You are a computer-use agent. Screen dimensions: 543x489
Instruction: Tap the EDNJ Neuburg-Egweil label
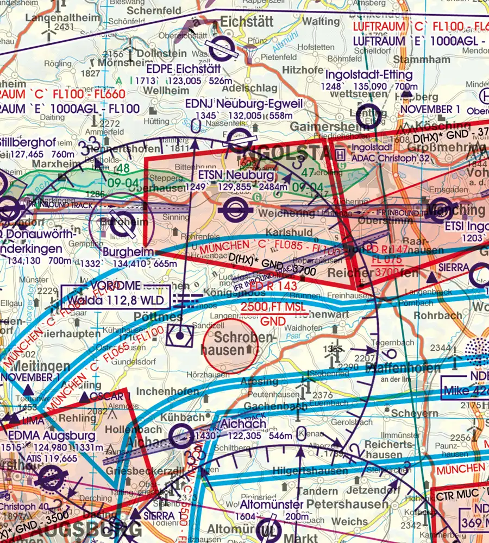(x=237, y=103)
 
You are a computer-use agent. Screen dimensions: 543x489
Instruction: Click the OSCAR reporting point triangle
(x=85, y=399)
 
